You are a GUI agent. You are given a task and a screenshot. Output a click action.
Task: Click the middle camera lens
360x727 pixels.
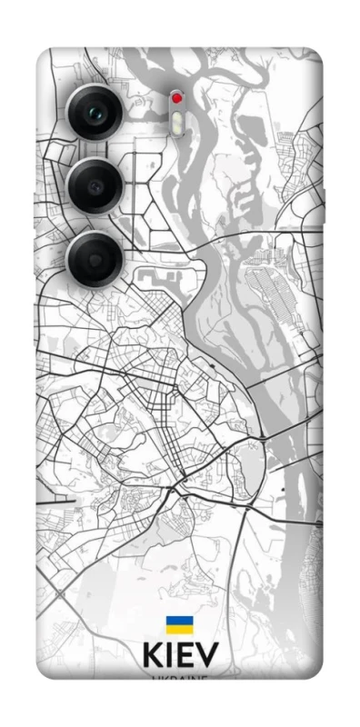[96, 185]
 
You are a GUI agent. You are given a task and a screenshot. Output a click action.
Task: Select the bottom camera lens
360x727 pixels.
[96, 257]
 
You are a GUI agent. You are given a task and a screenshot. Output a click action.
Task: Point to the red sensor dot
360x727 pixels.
[177, 97]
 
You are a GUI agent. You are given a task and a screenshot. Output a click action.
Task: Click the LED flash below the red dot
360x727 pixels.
[176, 118]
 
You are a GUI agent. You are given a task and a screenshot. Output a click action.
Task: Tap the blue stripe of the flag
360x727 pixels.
[179, 622]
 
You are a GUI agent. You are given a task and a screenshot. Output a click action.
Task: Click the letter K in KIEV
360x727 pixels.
[152, 657]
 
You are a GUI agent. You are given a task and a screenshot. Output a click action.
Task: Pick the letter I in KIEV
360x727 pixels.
[169, 657]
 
